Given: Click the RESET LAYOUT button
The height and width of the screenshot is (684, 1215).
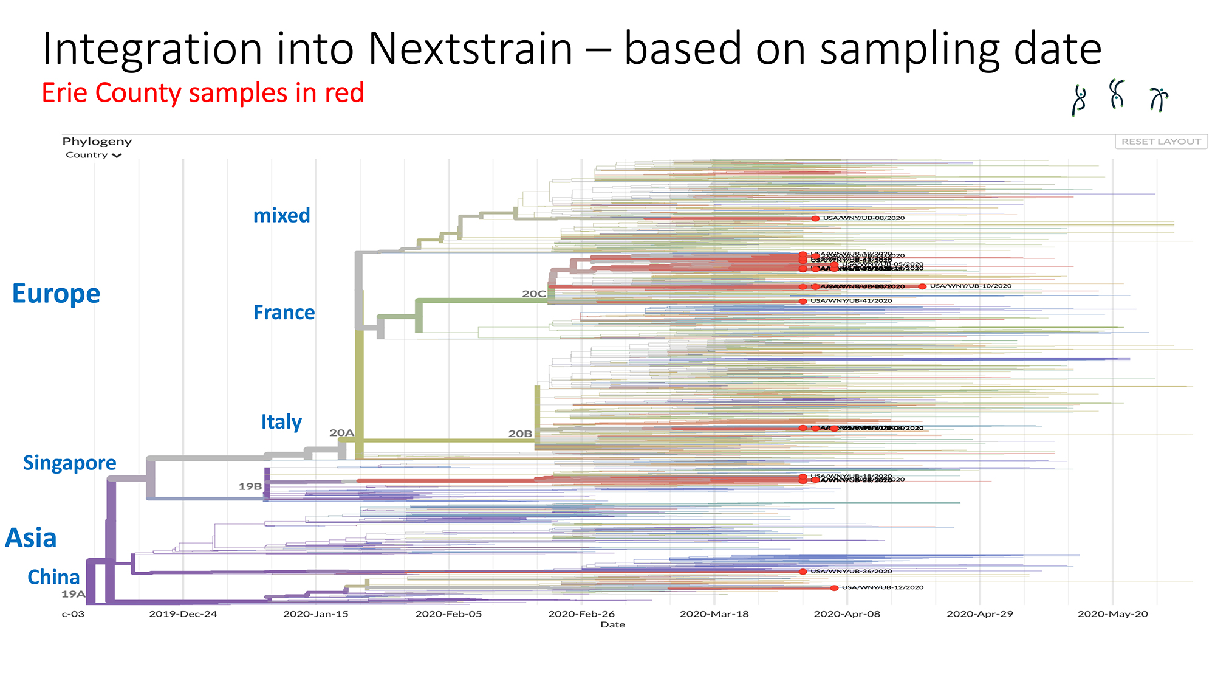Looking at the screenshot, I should (x=1161, y=142).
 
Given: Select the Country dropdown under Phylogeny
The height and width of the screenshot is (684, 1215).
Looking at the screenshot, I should (x=93, y=155).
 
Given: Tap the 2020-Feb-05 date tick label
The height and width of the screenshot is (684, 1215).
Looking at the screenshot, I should (x=448, y=614).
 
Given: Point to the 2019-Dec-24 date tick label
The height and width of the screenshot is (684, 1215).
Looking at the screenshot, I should (x=183, y=614).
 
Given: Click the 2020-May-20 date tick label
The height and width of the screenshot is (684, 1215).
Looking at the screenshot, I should (x=1112, y=614).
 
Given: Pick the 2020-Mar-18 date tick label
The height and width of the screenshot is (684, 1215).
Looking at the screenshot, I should (x=714, y=614).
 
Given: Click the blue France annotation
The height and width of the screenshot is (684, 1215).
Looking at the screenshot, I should (x=284, y=313).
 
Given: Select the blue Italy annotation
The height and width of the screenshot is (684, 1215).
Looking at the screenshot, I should (x=281, y=422).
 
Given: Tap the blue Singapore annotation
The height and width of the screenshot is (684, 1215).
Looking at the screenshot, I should (x=69, y=463).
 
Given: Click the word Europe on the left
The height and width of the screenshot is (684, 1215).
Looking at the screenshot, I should (x=56, y=294).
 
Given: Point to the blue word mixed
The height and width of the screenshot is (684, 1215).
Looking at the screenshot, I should (x=281, y=215).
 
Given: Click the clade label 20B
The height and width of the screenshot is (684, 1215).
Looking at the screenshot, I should (x=520, y=434).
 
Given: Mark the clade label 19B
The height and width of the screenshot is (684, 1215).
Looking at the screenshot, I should (x=250, y=486).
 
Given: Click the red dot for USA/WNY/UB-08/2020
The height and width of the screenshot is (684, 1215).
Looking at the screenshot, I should (x=815, y=218).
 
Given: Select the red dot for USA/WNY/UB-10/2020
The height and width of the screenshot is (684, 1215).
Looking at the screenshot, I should (x=922, y=286).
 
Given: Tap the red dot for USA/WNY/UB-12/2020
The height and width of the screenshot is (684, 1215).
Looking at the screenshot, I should (x=834, y=588).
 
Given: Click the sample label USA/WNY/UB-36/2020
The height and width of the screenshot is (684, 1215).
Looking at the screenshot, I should (x=851, y=572).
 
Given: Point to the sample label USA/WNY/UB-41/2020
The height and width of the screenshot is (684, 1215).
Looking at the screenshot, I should (x=851, y=301).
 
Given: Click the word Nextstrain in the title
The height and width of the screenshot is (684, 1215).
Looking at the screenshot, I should (x=470, y=49).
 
